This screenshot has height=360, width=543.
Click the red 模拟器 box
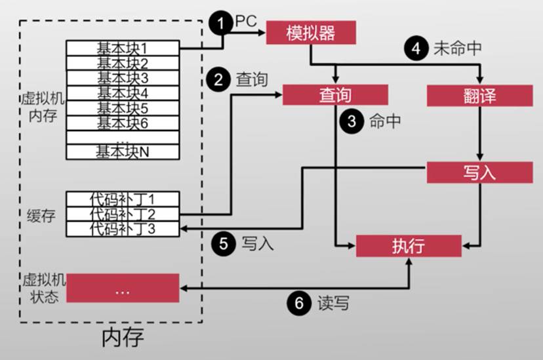click(x=310, y=32)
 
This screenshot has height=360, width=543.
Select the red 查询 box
click(x=335, y=95)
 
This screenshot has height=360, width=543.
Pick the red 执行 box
click(x=408, y=245)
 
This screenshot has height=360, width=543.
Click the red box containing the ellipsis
click(x=123, y=289)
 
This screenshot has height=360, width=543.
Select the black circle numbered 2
click(x=218, y=80)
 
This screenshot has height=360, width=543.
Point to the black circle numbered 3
click(x=353, y=122)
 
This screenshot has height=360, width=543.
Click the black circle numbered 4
click(x=414, y=49)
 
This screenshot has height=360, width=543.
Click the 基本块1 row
click(x=123, y=48)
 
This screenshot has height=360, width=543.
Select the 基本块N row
click(x=123, y=151)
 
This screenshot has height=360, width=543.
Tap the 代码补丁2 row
click(x=123, y=213)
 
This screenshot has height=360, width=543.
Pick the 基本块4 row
click(x=123, y=92)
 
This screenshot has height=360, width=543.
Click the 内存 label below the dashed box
click(x=122, y=337)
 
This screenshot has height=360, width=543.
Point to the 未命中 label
click(x=457, y=49)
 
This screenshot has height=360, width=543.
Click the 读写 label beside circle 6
click(x=333, y=304)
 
